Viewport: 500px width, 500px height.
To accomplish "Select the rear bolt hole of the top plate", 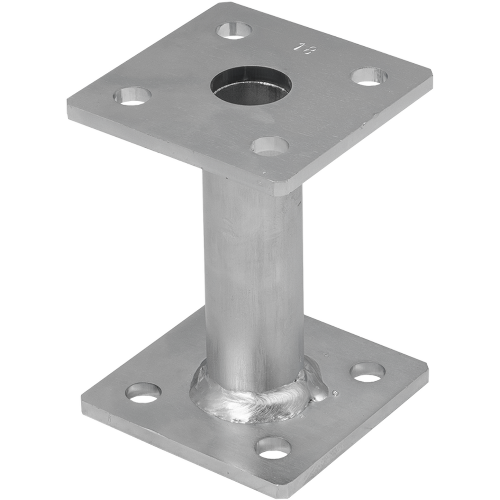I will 234,30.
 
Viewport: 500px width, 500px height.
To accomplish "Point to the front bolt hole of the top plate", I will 270,146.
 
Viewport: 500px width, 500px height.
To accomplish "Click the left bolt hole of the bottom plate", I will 143,393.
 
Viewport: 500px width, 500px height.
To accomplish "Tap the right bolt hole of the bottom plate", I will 367,372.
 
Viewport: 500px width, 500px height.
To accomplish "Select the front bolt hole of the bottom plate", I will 273,448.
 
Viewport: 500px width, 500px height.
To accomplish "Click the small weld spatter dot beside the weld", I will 335,393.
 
